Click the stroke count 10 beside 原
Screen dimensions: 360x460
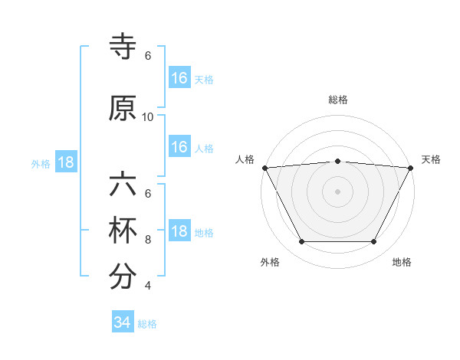click(x=148, y=117)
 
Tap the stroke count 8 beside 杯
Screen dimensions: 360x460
click(x=148, y=240)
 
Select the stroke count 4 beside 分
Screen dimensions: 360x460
click(x=148, y=286)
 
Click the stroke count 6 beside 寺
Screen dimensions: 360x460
click(x=148, y=56)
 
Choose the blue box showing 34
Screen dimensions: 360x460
click(x=123, y=322)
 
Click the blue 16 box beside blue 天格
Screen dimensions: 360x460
click(x=179, y=78)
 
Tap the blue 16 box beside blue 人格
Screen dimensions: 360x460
click(x=179, y=147)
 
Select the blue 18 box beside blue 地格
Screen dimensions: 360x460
click(x=179, y=232)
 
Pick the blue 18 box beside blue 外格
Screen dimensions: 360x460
click(x=66, y=163)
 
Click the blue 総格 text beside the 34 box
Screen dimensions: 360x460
click(x=147, y=324)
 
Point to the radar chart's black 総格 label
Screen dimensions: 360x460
click(x=338, y=100)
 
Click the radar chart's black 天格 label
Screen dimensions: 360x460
click(x=432, y=159)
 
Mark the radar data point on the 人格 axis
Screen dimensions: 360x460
click(x=264, y=167)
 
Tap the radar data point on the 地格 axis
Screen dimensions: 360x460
click(x=374, y=242)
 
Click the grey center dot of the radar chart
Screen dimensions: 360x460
click(x=338, y=191)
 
